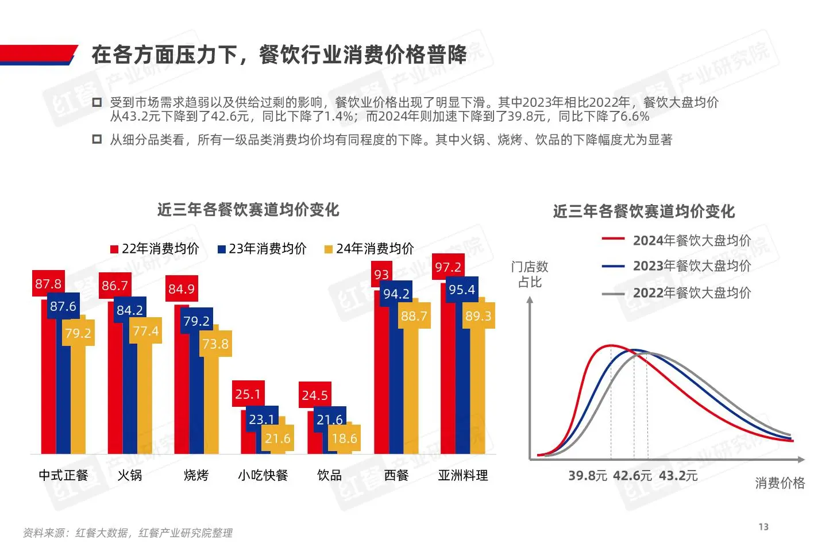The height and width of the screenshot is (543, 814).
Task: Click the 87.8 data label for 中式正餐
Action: (x=48, y=284)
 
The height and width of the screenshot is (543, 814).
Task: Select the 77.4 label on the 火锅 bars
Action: (x=145, y=331)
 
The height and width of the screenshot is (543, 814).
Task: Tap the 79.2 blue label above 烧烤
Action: (x=196, y=321)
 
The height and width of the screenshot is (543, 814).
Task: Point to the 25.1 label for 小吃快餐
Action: (x=248, y=394)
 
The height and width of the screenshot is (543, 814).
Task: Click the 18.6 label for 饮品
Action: (x=344, y=438)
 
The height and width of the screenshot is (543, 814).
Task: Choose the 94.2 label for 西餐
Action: (x=396, y=294)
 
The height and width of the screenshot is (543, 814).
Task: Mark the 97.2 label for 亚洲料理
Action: (x=447, y=267)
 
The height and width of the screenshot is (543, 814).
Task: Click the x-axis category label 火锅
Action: (x=129, y=475)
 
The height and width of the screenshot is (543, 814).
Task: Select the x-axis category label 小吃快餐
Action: (x=263, y=475)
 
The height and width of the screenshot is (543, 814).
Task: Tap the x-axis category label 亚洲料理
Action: (x=462, y=475)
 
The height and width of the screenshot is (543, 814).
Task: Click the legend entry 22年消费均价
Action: (x=155, y=249)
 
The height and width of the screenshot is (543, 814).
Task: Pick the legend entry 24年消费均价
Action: (x=369, y=249)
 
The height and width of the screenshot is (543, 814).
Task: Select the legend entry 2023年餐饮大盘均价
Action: (x=691, y=266)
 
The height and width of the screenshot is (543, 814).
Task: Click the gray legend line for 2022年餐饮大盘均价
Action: (x=613, y=294)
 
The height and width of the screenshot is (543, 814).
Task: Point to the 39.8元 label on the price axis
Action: (x=587, y=476)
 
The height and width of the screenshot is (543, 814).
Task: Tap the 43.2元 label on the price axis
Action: (x=678, y=476)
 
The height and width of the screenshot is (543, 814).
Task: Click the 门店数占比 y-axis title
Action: (x=530, y=274)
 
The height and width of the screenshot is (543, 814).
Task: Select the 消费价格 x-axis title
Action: (x=780, y=483)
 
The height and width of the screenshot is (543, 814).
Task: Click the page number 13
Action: (x=763, y=527)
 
